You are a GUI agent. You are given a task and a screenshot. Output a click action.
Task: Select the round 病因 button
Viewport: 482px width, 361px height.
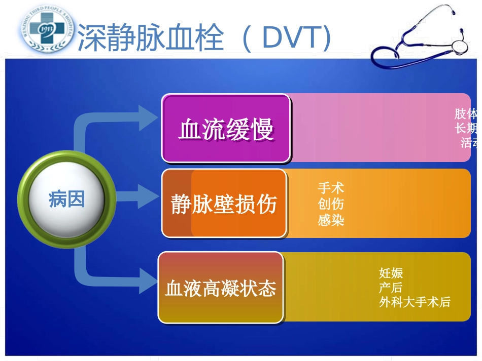66,199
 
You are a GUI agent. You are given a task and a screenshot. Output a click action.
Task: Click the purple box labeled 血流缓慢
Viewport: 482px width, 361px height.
226,129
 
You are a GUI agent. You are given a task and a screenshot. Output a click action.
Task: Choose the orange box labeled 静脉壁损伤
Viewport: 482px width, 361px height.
224,204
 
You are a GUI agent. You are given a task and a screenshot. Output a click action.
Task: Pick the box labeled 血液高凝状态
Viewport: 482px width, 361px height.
221,288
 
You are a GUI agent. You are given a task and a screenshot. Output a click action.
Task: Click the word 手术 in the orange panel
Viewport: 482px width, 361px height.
331,188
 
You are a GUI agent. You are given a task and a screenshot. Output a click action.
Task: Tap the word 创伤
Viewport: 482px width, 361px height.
331,204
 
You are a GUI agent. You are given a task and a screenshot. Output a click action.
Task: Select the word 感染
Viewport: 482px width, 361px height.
331,220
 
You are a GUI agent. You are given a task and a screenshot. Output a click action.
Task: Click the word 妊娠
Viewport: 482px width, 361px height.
391,273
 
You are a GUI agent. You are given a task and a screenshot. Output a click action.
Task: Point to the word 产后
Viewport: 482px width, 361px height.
391,288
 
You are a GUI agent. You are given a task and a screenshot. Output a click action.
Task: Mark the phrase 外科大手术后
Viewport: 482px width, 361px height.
415,302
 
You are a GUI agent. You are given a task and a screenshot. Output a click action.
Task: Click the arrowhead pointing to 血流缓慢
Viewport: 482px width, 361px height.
149,117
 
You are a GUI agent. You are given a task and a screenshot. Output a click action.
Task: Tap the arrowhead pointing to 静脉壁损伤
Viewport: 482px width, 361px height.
149,196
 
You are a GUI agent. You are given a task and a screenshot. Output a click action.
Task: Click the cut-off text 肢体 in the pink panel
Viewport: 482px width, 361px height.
466,113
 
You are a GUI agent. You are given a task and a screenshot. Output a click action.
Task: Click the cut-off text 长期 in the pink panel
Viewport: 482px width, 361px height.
466,128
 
